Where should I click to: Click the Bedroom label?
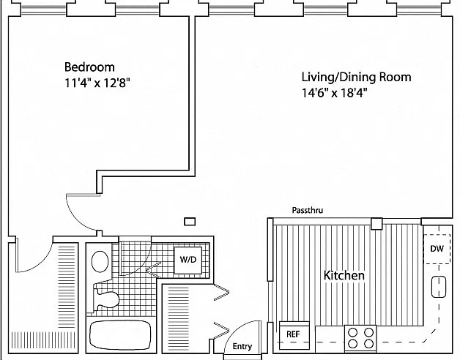89,67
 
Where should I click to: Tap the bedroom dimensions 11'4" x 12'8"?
97,83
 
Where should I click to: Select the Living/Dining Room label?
357,77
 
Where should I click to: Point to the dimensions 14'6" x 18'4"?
335,93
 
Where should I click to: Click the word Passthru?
308,210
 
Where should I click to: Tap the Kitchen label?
344,275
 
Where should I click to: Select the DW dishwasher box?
437,249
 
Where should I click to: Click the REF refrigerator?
294,335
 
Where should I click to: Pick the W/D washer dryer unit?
188,260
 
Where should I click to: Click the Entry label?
242,346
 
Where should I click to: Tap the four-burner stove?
360,338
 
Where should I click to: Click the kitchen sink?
439,287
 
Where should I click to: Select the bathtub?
120,335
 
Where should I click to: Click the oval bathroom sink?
100,261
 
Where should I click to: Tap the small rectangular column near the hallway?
190,222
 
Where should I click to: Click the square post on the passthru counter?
376,224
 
